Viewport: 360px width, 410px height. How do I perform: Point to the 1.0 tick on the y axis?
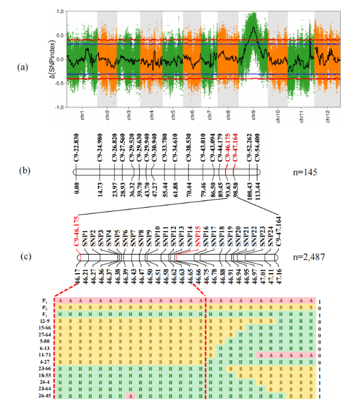[60, 11]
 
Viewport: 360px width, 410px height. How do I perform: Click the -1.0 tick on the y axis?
[59, 107]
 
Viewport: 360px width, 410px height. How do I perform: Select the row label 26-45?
[43, 396]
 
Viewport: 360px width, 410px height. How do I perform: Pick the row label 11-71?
[43, 355]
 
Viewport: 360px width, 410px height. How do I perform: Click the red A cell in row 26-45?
[130, 396]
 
